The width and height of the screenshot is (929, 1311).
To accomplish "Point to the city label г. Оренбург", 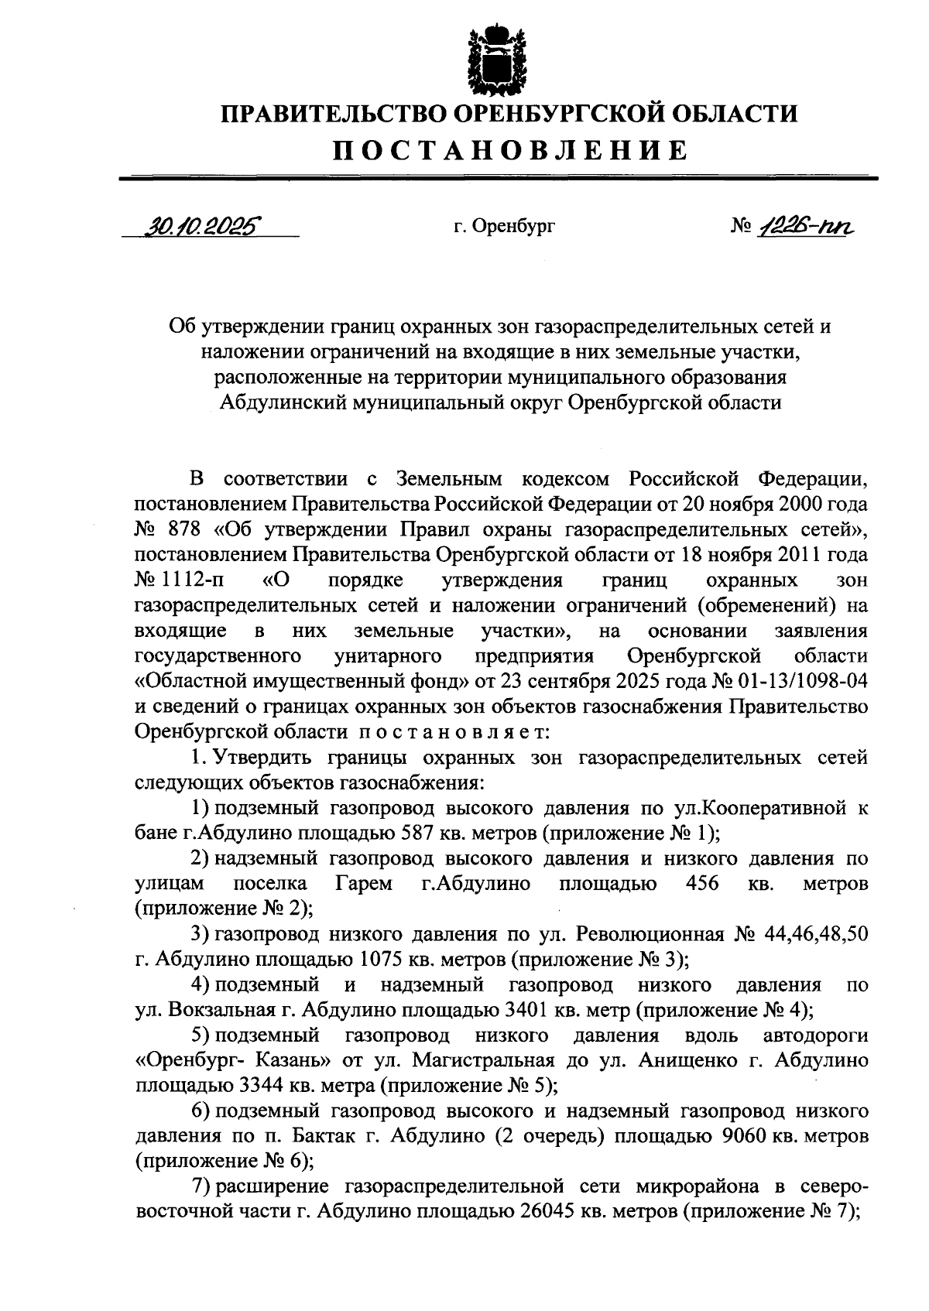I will (x=505, y=227).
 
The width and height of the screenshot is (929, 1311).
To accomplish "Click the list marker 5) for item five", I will (x=201, y=1035).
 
